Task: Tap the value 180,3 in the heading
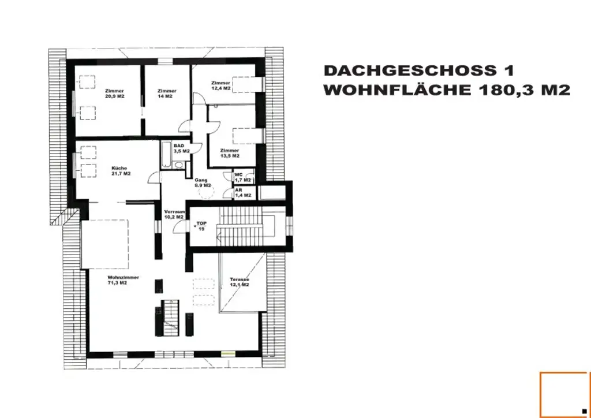[508, 91]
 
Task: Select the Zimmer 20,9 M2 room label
[115, 94]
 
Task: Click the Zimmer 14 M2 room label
[166, 94]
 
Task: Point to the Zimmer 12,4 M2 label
[220, 85]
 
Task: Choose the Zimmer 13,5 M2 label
[229, 153]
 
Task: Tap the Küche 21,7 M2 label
[120, 171]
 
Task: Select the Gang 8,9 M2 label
[201, 182]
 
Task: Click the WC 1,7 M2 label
[242, 177]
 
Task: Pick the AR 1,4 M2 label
[242, 193]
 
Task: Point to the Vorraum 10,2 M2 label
[174, 214]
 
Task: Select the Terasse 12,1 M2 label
[239, 282]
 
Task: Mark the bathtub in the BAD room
[166, 155]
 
